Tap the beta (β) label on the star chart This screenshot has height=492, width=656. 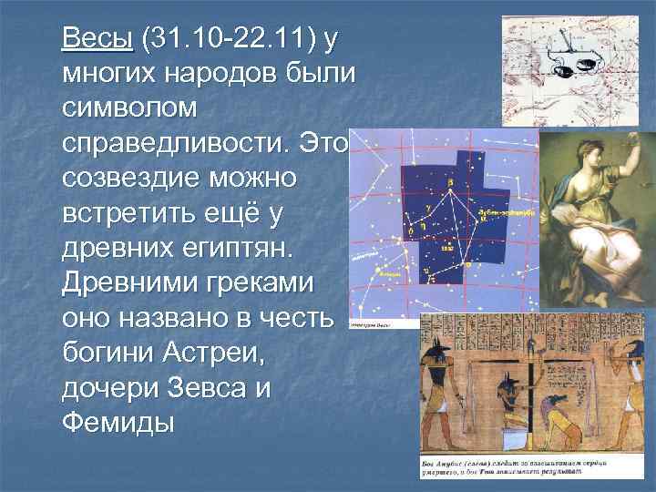click(450, 182)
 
